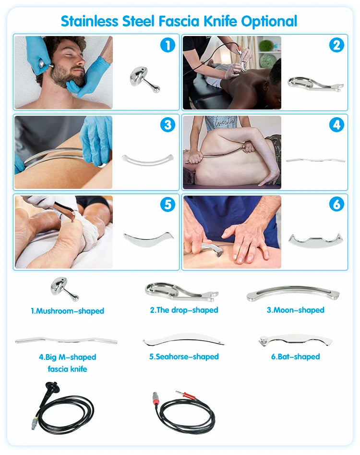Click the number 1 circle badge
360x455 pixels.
(x=168, y=45)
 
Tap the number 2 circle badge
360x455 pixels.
(x=336, y=45)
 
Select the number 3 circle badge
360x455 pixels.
(x=168, y=125)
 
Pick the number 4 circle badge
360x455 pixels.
(x=336, y=125)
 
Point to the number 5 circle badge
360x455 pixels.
(x=168, y=204)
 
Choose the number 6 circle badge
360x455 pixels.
(x=336, y=204)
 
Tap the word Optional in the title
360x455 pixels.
(x=269, y=22)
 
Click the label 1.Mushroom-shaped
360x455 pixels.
(x=68, y=311)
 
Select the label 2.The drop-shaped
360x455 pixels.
(x=184, y=310)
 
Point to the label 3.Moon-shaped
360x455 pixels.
(x=295, y=310)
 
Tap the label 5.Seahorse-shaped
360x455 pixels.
(x=184, y=357)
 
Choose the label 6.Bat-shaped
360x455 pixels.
(x=295, y=357)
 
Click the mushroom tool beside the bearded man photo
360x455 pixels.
(x=144, y=79)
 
